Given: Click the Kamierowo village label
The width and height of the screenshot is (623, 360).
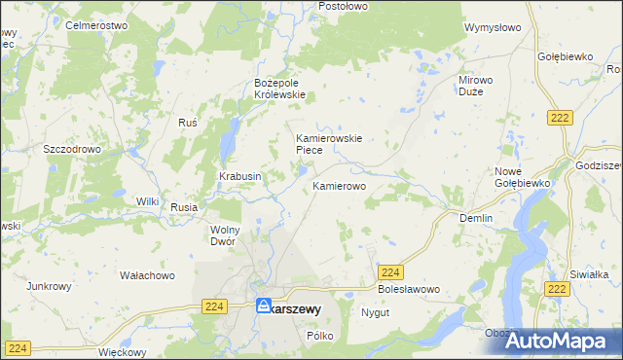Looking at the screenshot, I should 339,184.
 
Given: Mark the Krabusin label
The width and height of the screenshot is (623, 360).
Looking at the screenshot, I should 239,176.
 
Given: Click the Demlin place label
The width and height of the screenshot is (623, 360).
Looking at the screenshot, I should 476,219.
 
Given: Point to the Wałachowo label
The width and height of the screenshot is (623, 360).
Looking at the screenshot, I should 147,275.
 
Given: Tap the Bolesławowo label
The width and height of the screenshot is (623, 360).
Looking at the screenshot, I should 409,290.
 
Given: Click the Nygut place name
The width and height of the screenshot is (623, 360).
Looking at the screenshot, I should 375,313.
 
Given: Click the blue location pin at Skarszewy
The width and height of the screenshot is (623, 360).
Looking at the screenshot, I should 264,306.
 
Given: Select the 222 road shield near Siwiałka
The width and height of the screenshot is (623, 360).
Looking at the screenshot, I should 557,290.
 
